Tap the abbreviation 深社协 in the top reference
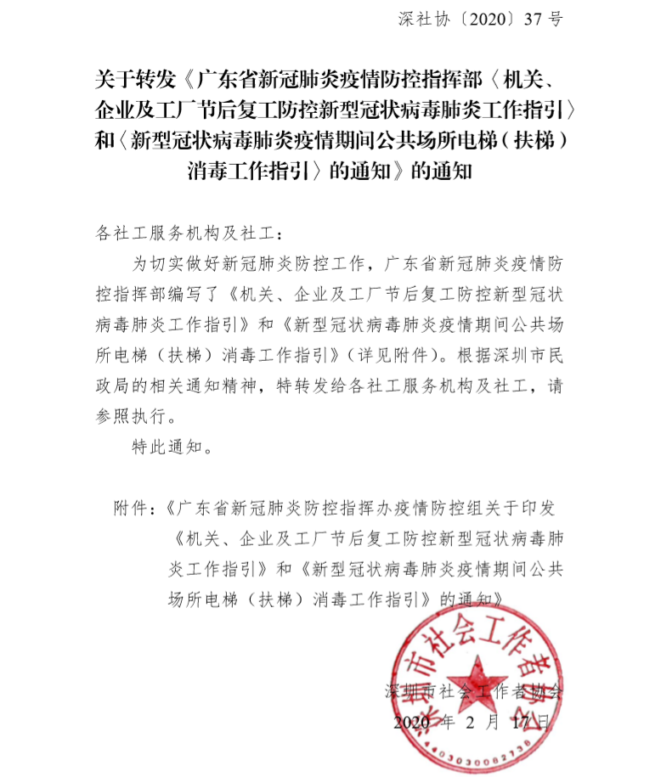click(419, 19)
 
